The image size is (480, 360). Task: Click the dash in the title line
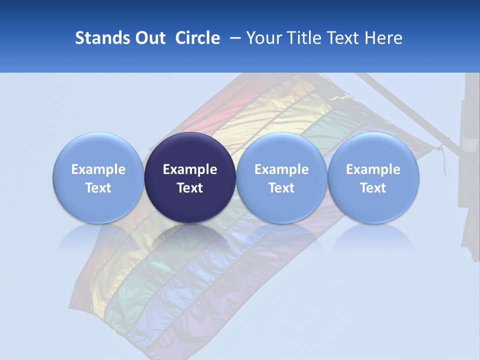234,38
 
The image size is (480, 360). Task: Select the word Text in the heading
345,38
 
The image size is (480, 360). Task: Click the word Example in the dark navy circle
190,169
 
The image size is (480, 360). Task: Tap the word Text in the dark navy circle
190,188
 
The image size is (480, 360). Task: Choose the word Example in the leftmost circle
98,169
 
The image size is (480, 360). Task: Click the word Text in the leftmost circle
98,188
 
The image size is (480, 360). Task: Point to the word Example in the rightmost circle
373,169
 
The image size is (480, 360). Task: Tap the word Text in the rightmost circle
373,188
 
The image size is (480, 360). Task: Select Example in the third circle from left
281,169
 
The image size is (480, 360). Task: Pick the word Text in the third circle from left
281,188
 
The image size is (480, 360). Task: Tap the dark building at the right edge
470,165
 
